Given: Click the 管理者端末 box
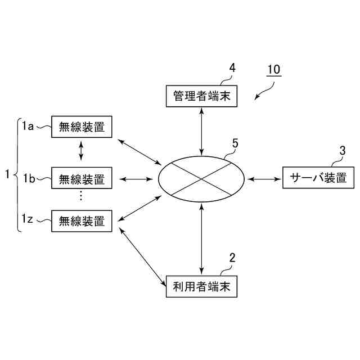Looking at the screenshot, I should pos(202,95).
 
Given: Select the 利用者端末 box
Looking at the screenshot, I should pos(202,287).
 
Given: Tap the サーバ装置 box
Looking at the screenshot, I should pos(318,179).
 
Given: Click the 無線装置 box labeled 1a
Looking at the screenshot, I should pos(82,127).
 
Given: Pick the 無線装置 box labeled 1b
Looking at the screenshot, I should pos(82,179).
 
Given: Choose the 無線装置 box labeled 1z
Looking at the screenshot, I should pos(82,220).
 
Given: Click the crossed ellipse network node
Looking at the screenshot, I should pos(201,179).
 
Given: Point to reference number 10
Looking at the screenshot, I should pos(273,70).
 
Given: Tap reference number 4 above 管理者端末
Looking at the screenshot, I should pos(232,69).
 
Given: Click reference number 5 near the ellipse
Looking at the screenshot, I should pos(235,143).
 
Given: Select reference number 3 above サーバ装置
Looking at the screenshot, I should pos(342,150).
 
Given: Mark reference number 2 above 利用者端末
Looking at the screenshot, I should pos(232,259).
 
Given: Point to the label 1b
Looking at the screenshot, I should pos(29,179).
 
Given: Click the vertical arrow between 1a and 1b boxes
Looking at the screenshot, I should pos(82,150).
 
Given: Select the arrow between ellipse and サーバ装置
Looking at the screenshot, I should pos(264,179).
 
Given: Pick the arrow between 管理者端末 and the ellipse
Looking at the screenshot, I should pos(202,130).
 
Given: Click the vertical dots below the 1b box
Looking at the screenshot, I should pos(82,196).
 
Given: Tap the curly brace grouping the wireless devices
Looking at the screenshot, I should pos(16,174).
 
